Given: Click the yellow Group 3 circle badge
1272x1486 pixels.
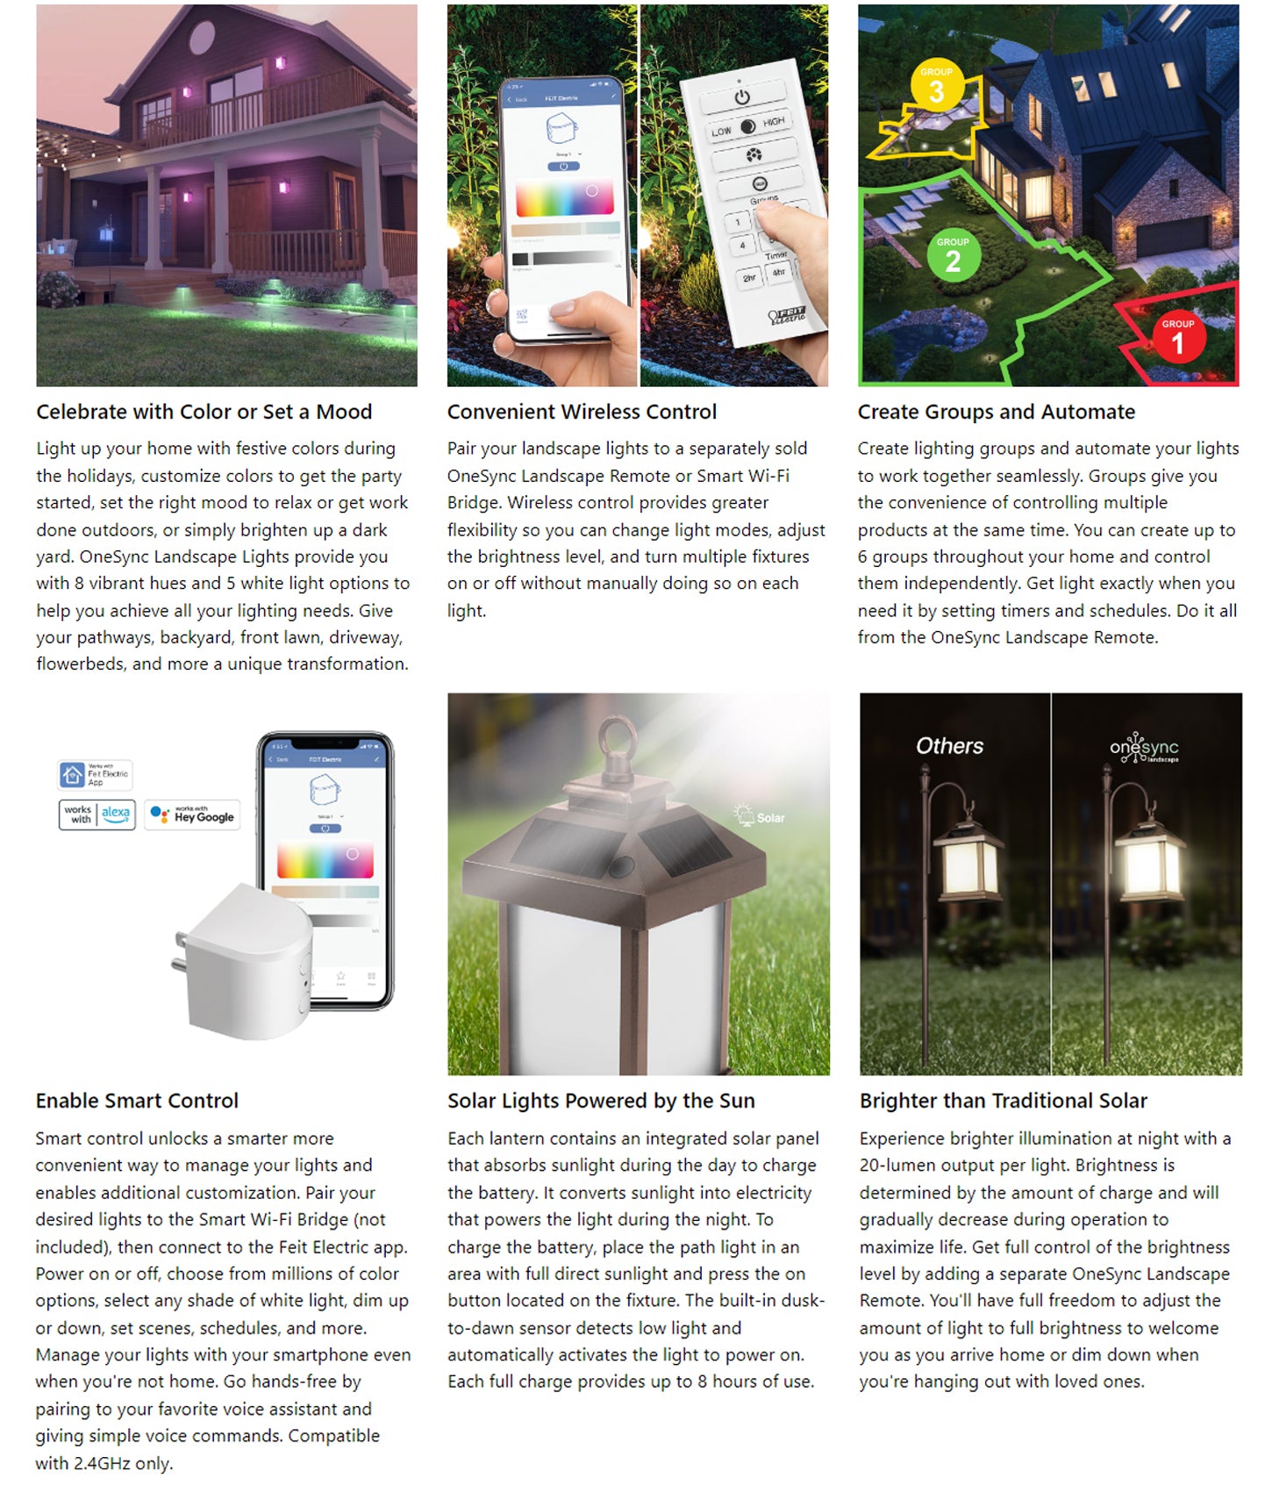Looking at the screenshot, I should point(936,87).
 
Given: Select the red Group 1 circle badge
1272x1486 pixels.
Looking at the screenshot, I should point(1177,337).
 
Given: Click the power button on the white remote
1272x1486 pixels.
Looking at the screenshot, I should point(742,97).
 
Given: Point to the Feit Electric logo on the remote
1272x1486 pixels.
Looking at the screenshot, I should point(787,315).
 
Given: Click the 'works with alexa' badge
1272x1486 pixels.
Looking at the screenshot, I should point(97,814).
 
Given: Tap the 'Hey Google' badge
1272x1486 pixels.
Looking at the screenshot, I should point(192,815).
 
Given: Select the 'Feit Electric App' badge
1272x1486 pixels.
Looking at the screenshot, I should point(95,775).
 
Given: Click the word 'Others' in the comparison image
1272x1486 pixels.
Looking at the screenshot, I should point(949,746).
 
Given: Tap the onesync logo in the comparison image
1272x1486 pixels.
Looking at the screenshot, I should point(1144,749).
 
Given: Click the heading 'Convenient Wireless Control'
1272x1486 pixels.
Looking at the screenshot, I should point(582,412).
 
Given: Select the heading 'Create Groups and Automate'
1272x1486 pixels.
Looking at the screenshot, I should point(996,412).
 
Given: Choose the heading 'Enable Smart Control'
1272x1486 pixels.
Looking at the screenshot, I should point(137,1101).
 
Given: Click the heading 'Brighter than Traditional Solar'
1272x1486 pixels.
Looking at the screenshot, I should point(1003,1101).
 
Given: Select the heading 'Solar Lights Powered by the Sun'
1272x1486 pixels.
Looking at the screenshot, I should point(601,1101).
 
